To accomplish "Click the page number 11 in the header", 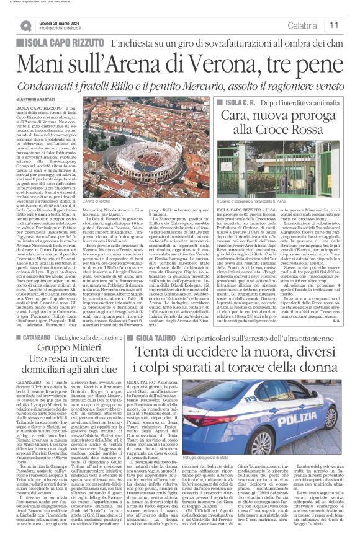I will (x=333, y=25).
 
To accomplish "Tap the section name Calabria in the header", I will (x=302, y=25).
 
